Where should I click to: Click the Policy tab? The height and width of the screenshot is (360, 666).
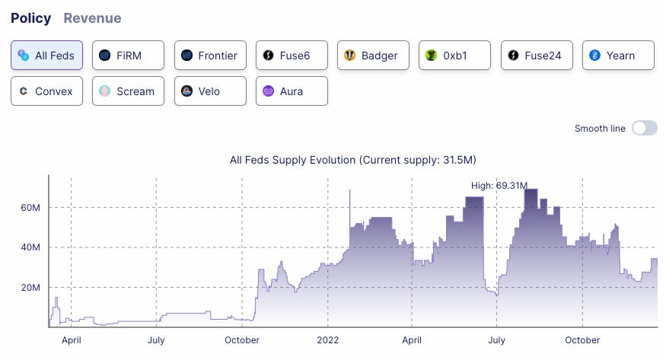click(30, 18)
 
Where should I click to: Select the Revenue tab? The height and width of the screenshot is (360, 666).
click(92, 18)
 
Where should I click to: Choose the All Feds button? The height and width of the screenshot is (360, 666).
click(46, 56)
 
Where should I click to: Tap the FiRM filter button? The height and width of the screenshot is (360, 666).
click(128, 56)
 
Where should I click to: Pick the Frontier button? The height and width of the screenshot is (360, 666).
click(210, 56)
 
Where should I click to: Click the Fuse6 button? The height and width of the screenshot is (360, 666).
click(292, 56)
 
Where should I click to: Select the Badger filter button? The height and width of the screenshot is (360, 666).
click(373, 56)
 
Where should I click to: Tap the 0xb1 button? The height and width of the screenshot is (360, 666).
click(454, 56)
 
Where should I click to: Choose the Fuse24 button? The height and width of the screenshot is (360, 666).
click(537, 56)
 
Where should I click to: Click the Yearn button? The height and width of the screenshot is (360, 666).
click(618, 56)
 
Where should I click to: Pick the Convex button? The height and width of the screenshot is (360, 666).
click(46, 91)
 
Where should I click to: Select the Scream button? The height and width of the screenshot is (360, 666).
click(128, 91)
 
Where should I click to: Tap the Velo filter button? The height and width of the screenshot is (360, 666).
click(210, 91)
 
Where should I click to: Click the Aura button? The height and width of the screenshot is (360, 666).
click(292, 91)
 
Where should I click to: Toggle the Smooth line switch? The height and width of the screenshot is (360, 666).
click(644, 129)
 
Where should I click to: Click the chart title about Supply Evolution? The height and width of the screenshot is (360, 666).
click(352, 160)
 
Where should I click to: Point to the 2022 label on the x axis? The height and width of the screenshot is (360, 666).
click(327, 340)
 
